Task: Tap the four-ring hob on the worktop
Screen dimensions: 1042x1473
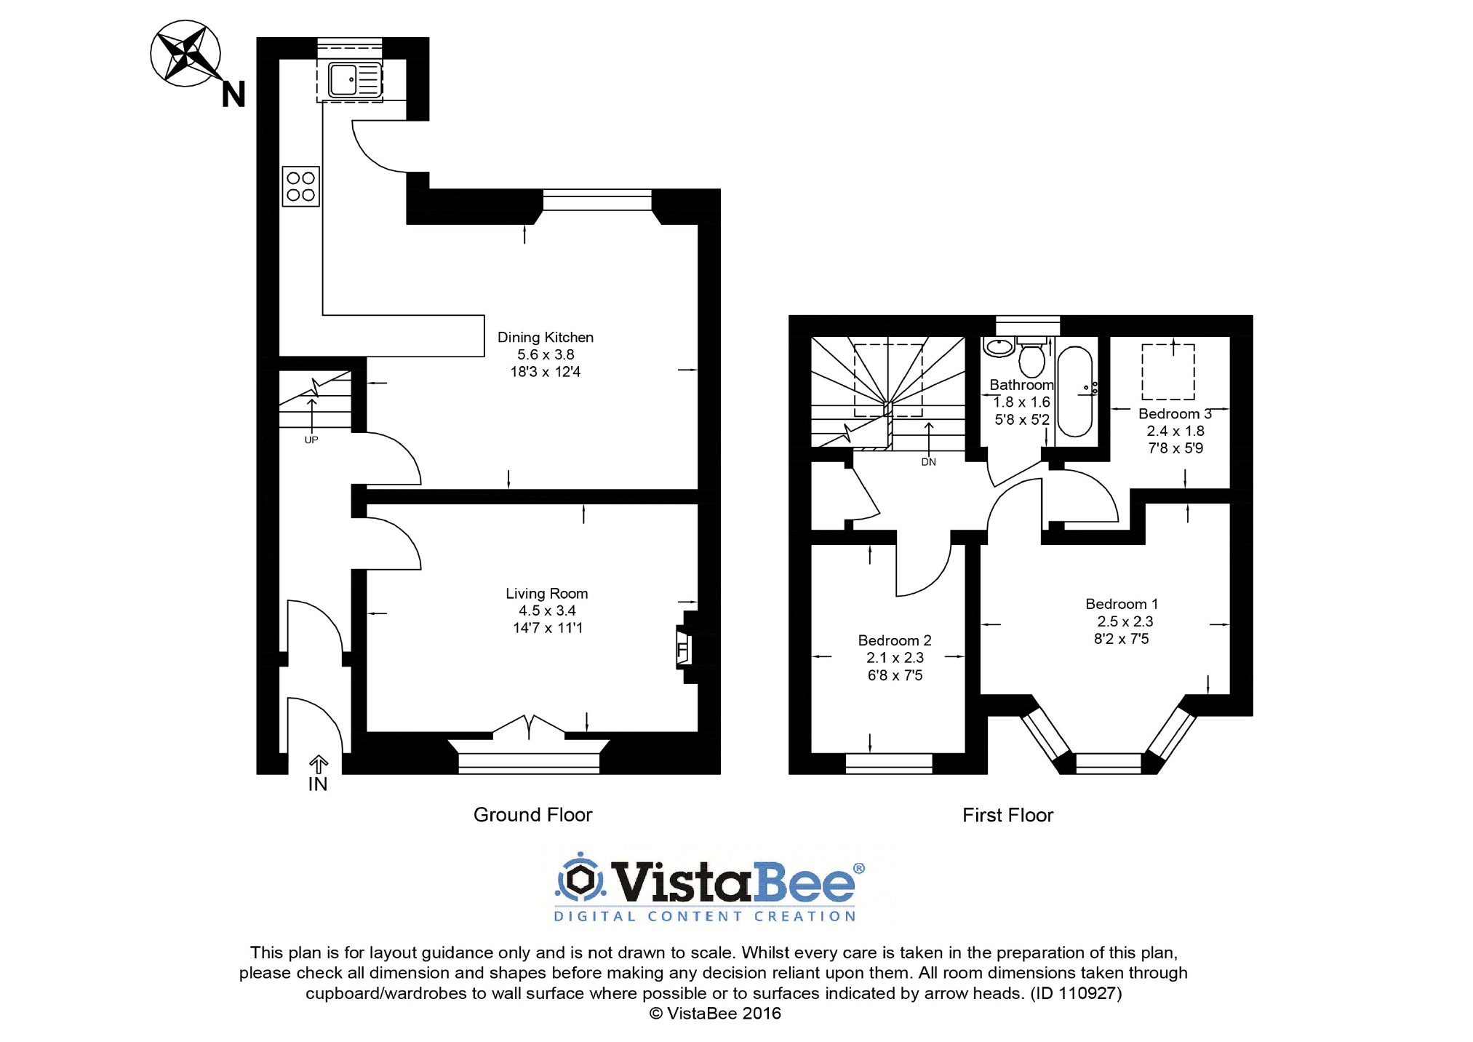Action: [x=300, y=186]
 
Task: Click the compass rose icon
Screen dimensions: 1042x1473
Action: [x=185, y=54]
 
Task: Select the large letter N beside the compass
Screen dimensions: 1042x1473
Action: [x=233, y=95]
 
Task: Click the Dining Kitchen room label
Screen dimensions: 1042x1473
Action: [x=545, y=338]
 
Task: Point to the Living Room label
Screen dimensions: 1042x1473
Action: [x=546, y=594]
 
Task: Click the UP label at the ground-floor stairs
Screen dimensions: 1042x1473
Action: [x=311, y=440]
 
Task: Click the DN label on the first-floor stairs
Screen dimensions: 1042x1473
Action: [x=928, y=462]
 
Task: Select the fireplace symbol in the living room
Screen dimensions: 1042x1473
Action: [x=684, y=650]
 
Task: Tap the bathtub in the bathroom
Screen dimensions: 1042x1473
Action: [x=1074, y=391]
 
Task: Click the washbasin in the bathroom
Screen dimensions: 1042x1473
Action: [x=999, y=346]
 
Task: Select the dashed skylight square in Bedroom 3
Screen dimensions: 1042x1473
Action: [x=1167, y=372]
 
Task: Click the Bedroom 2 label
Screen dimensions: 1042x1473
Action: [x=894, y=640]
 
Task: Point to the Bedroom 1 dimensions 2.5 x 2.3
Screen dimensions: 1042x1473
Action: [x=1125, y=621]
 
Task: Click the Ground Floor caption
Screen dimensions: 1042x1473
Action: [x=532, y=815]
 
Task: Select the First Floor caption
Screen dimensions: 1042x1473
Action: [x=1007, y=816]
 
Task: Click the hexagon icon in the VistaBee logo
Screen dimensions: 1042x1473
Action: [x=580, y=879]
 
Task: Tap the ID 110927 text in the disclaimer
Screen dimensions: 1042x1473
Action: [x=1076, y=993]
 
